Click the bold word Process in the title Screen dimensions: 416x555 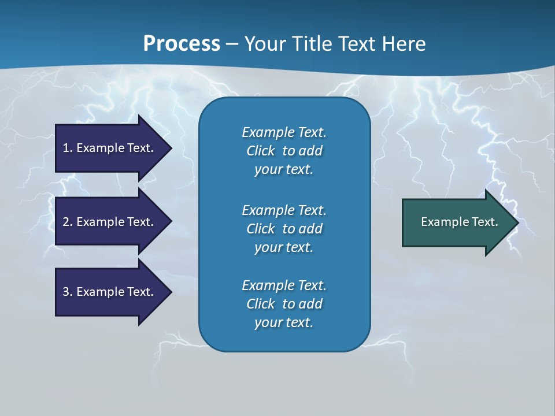tap(182, 44)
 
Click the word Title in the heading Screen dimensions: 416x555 tap(310, 44)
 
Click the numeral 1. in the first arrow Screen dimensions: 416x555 tap(68, 148)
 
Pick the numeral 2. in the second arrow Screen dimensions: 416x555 tap(68, 222)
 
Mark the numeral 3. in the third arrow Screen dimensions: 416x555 tap(68, 292)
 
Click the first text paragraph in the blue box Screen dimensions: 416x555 tap(284, 151)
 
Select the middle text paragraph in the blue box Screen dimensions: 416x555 tap(284, 229)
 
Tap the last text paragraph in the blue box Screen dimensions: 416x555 tap(284, 304)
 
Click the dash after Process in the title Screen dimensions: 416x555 tap(232, 44)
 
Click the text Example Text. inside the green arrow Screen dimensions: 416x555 tap(459, 222)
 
